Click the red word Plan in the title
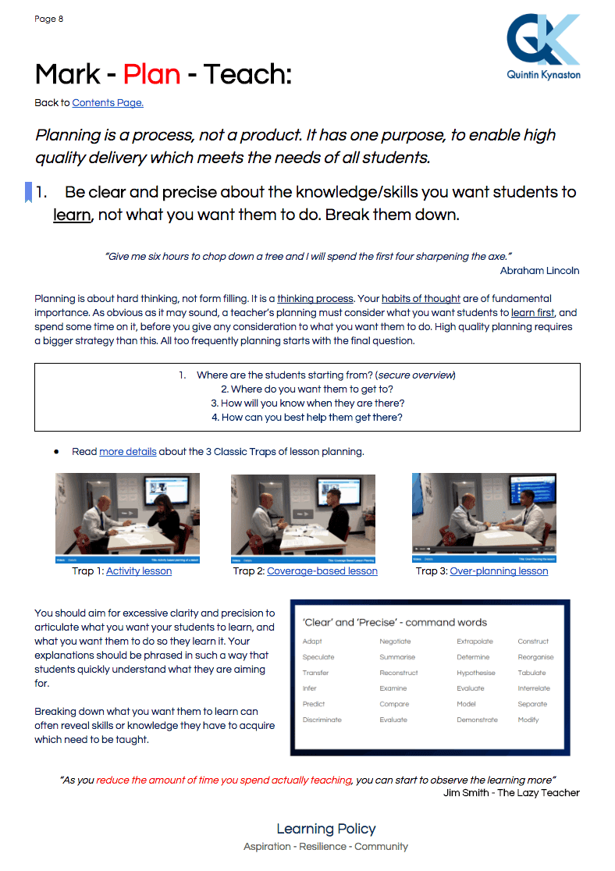coord(152,75)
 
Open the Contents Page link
coord(108,103)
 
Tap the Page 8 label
coord(49,19)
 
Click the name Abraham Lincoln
coord(539,271)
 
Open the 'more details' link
coord(128,452)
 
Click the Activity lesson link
coord(139,571)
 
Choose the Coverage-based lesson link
coord(322,571)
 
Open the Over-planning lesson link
coord(499,571)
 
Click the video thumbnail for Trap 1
coord(127,517)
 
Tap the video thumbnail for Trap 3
coord(484,517)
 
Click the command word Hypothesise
coord(476,673)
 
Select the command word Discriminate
coord(322,720)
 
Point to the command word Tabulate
coord(531,673)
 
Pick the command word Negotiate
coord(395,642)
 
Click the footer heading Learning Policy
coord(325,829)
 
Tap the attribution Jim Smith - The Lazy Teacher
coord(511,793)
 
